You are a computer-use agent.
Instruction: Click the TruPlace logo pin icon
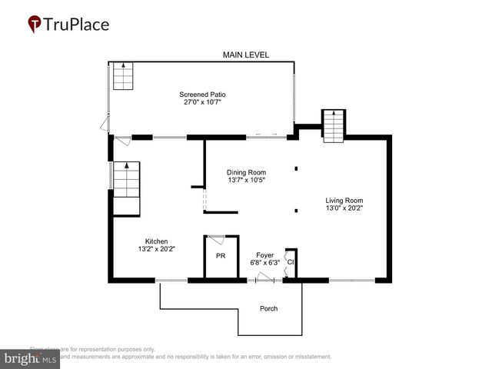click(x=35, y=25)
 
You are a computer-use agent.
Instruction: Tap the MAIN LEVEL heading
click(x=247, y=55)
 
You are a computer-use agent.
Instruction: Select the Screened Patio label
click(x=203, y=95)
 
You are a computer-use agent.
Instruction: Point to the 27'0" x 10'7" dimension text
click(x=203, y=102)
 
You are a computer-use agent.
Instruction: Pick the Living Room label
click(x=344, y=199)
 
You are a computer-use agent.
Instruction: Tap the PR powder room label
click(x=220, y=256)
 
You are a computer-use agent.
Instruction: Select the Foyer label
click(x=264, y=254)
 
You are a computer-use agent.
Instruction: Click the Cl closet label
click(x=291, y=262)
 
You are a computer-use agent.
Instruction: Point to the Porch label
click(x=268, y=309)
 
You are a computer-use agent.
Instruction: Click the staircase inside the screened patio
click(x=124, y=77)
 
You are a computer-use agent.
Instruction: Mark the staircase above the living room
click(x=332, y=126)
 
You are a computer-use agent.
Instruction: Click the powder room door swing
click(x=217, y=241)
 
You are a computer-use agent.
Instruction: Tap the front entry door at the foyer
click(x=265, y=278)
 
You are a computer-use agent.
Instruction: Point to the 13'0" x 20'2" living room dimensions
click(x=344, y=207)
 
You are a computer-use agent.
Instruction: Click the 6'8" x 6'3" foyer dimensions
click(x=264, y=262)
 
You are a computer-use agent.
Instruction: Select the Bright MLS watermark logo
click(x=30, y=359)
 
